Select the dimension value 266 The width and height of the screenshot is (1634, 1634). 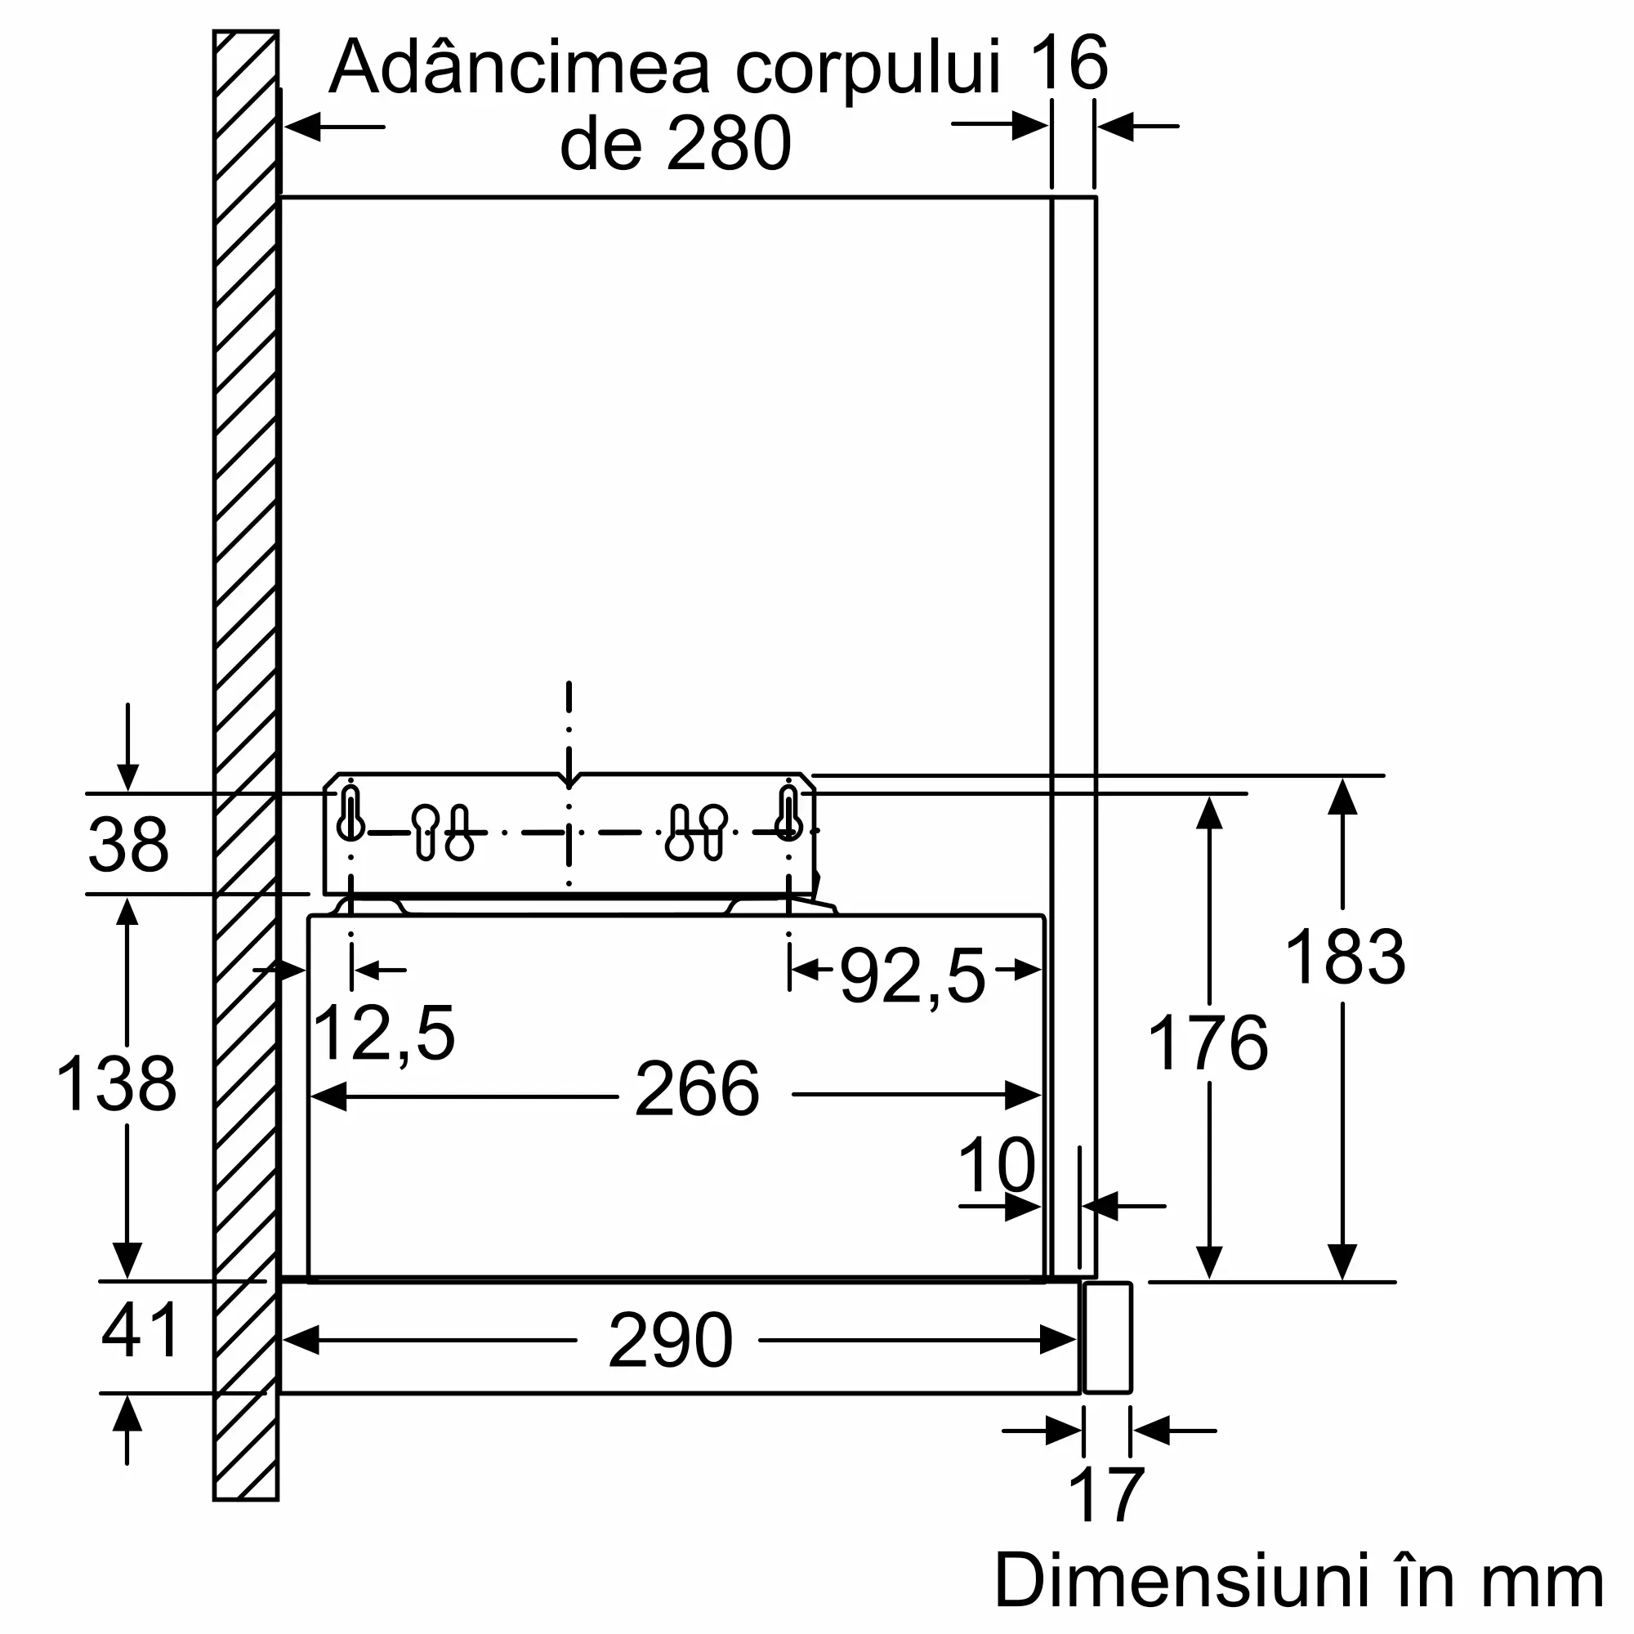(697, 1089)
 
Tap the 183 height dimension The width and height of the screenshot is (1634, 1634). (1345, 958)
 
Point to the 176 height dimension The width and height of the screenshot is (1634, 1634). (1208, 1043)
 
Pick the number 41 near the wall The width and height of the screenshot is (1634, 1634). (141, 1330)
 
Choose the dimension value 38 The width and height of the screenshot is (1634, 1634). (128, 845)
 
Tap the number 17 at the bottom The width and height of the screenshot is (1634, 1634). (1106, 1495)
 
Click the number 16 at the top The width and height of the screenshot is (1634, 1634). (1069, 63)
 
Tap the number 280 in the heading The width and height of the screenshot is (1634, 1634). (729, 144)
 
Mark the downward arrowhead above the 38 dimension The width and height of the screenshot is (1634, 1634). (127, 776)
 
